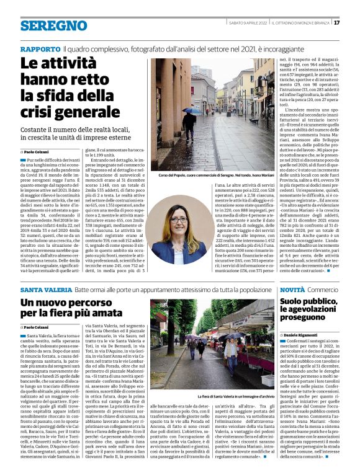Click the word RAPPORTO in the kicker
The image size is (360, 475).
[39, 48]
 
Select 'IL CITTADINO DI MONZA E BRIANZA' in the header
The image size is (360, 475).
[302, 23]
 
